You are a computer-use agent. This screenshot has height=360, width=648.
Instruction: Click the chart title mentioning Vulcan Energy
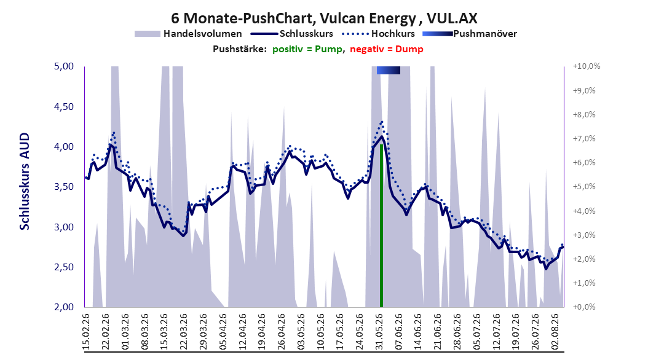click(x=324, y=18)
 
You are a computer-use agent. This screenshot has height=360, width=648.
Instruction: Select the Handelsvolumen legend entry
click(x=189, y=34)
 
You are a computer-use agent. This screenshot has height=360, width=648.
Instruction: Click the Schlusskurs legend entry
click(x=292, y=34)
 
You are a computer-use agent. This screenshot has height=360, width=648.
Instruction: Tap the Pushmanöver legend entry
click(x=470, y=34)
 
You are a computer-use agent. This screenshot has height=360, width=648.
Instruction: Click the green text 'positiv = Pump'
click(x=307, y=49)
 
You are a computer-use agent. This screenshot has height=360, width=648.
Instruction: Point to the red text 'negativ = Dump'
click(x=387, y=49)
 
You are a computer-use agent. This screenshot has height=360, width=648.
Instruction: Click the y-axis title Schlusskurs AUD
click(x=25, y=181)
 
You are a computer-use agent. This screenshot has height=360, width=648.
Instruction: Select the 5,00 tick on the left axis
click(x=64, y=66)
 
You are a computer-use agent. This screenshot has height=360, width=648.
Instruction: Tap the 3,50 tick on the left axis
click(x=64, y=187)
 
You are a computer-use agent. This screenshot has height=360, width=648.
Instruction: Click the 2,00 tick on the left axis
click(x=64, y=307)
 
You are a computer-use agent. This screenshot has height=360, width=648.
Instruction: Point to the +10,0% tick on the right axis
click(x=587, y=66)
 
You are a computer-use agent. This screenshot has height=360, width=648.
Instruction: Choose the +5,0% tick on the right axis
click(x=584, y=187)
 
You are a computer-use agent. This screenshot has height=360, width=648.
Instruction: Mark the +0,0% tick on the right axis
click(x=584, y=307)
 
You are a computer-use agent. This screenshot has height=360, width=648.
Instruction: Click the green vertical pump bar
click(x=381, y=226)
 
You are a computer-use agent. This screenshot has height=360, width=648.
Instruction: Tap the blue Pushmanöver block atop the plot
click(x=389, y=70)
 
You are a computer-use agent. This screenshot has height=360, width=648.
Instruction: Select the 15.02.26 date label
click(x=87, y=332)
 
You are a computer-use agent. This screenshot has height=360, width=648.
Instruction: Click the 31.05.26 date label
click(x=379, y=332)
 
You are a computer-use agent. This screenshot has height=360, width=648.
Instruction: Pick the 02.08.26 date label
click(x=556, y=332)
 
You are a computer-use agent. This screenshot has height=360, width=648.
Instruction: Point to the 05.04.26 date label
click(x=223, y=332)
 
